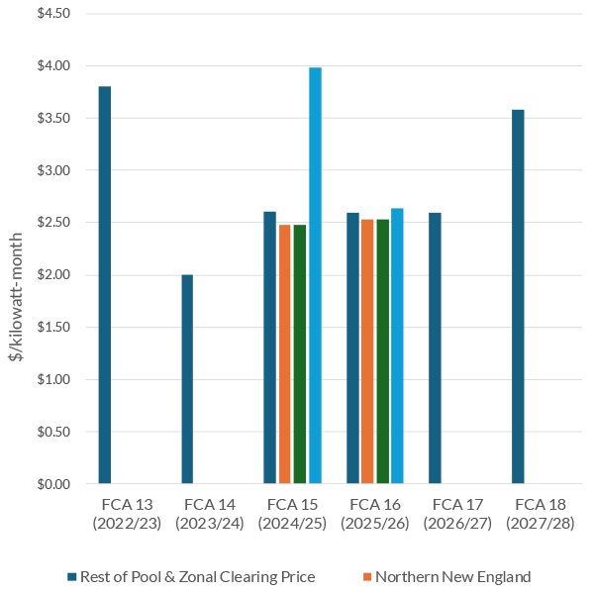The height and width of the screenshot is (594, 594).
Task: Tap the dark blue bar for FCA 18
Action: pyautogui.click(x=518, y=297)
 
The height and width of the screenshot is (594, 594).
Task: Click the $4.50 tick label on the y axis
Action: pyautogui.click(x=53, y=14)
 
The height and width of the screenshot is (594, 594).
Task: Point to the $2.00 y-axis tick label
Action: pyautogui.click(x=53, y=275)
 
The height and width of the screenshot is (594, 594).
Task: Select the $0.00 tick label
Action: pyautogui.click(x=53, y=484)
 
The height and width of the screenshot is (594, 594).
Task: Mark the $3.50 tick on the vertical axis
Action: pyautogui.click(x=53, y=119)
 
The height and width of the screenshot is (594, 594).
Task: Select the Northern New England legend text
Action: pyautogui.click(x=452, y=577)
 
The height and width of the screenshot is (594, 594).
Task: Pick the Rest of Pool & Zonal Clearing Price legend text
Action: pyautogui.click(x=197, y=577)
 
